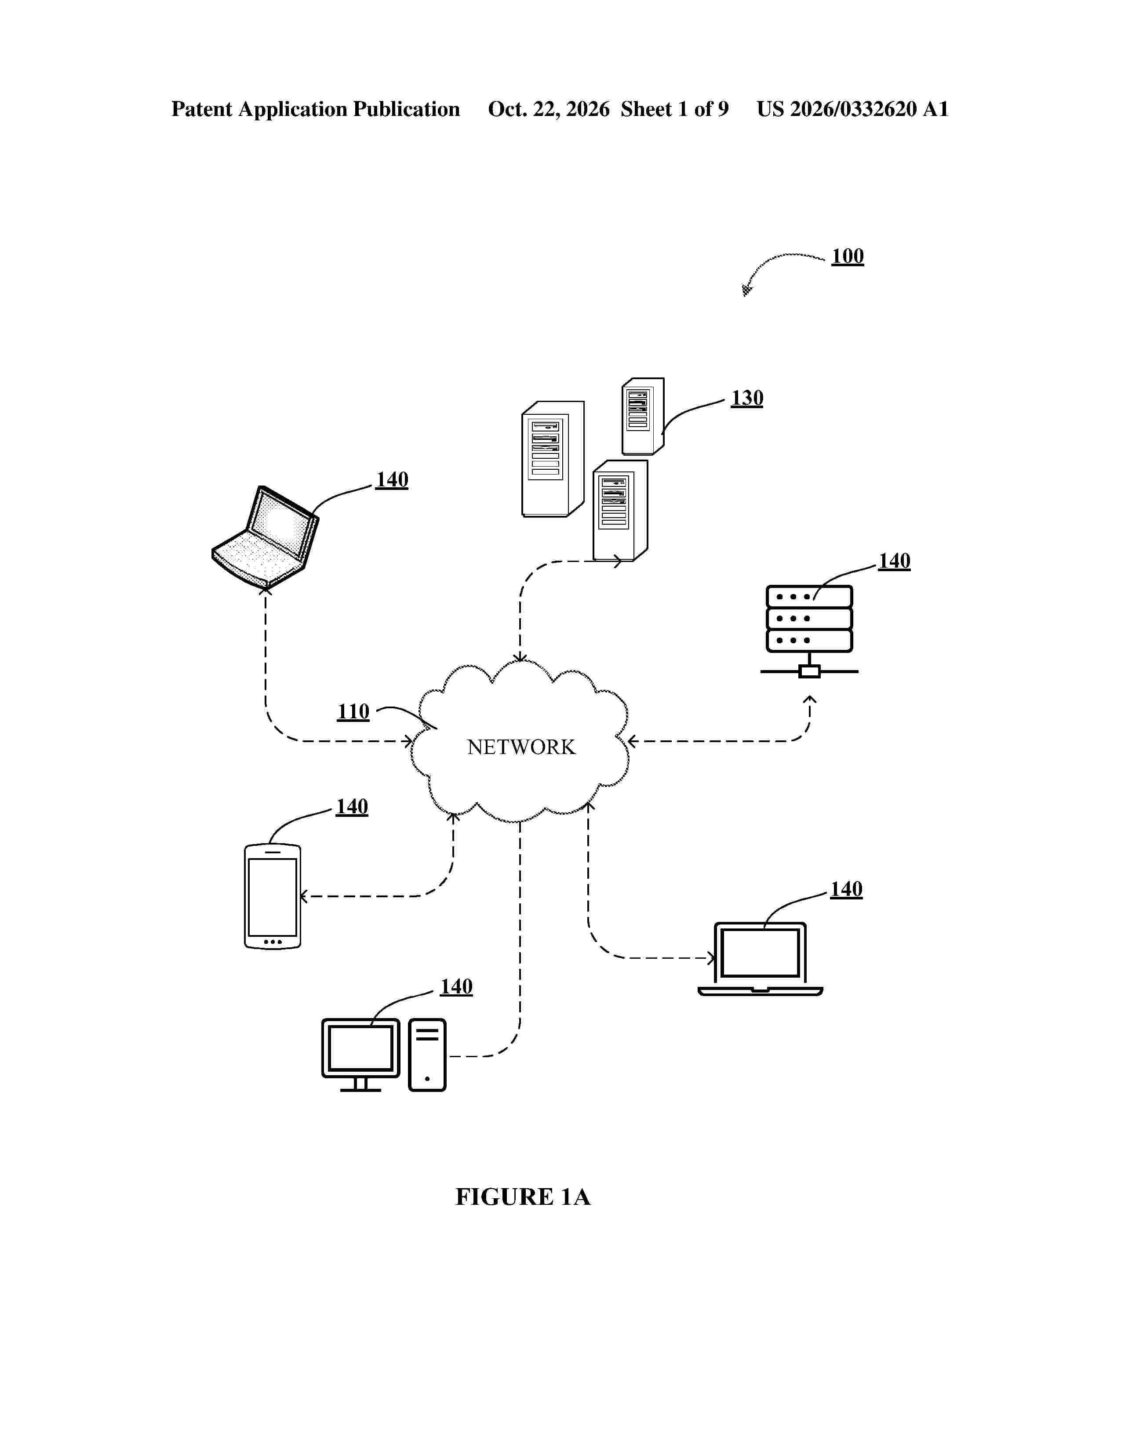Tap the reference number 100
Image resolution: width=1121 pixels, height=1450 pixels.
(x=848, y=256)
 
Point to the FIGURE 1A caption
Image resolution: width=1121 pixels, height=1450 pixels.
(x=523, y=1196)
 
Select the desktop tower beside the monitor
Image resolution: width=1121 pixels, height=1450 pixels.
(x=427, y=1055)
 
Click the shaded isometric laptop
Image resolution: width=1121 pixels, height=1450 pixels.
(x=265, y=538)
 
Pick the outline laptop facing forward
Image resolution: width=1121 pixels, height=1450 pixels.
(x=761, y=959)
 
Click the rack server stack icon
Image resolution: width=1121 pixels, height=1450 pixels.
(x=809, y=631)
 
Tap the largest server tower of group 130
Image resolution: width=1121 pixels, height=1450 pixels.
(x=553, y=459)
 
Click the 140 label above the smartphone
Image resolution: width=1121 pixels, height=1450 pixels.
(x=352, y=807)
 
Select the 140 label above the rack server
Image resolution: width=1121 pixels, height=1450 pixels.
(x=894, y=561)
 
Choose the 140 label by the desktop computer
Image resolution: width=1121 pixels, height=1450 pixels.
(x=456, y=986)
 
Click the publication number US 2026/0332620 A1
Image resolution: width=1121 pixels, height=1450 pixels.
(x=853, y=109)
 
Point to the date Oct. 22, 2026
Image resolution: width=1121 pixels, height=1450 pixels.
(x=549, y=109)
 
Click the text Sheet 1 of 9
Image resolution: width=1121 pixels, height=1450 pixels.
(x=675, y=109)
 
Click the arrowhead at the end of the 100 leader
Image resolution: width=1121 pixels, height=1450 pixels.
(x=747, y=290)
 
